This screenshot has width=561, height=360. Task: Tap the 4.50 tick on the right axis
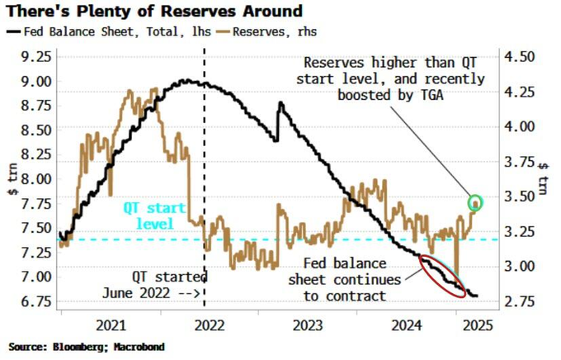click(520, 57)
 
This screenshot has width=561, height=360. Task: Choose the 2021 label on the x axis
click(111, 324)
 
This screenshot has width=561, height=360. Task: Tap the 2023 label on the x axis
click(306, 324)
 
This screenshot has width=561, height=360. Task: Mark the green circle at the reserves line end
click(475, 202)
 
